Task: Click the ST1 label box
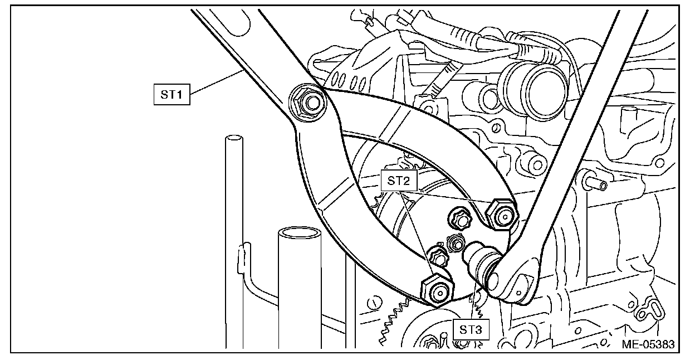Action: click(172, 94)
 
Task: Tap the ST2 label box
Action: click(399, 181)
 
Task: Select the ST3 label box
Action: click(471, 329)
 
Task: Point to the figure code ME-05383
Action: click(648, 344)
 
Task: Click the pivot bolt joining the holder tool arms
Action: click(308, 103)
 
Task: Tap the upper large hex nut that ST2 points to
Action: click(502, 215)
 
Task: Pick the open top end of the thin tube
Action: click(234, 138)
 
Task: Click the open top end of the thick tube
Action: click(300, 233)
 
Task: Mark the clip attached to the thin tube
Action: click(244, 259)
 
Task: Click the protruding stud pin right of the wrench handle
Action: click(595, 184)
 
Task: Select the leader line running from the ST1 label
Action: click(217, 82)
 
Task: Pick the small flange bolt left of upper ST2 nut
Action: click(461, 219)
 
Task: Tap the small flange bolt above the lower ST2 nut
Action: click(438, 256)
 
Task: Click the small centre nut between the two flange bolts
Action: click(455, 244)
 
